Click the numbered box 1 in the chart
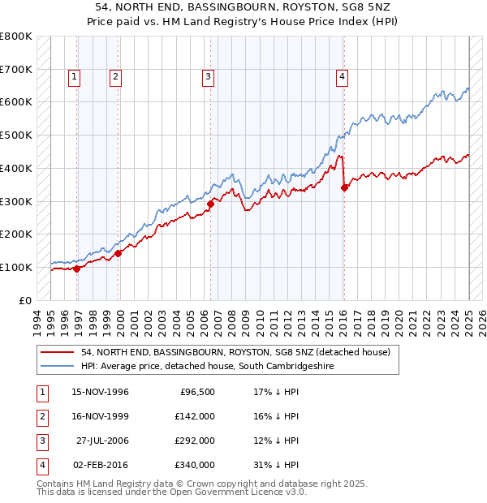coord(74,77)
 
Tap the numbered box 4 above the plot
coord(343,77)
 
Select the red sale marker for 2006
coord(210,204)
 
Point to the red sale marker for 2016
coord(344,187)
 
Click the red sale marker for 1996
coord(77,269)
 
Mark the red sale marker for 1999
coord(119,253)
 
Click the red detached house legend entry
coord(235,352)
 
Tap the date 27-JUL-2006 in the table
coord(102,441)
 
